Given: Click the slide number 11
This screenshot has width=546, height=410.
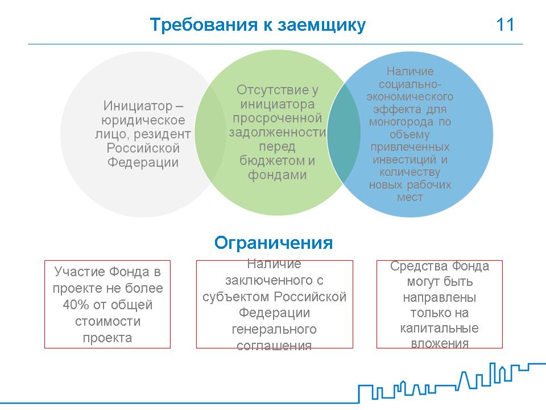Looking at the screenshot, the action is (x=505, y=24).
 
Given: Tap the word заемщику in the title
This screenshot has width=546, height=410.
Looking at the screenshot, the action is (x=321, y=26).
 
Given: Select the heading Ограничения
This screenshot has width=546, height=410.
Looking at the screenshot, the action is (x=274, y=243).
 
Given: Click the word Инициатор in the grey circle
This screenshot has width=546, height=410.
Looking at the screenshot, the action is (x=138, y=106).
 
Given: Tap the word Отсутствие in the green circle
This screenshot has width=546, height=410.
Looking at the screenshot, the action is (x=272, y=90).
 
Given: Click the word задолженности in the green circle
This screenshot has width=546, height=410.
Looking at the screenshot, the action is (x=277, y=133).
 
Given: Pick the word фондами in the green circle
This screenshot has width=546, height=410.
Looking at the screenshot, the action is (x=277, y=175).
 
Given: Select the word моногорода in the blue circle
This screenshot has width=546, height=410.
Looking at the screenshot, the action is (x=401, y=122).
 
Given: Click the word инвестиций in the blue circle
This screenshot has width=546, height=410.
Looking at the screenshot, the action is (x=404, y=159).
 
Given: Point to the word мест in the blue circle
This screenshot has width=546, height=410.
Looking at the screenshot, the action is (x=410, y=198).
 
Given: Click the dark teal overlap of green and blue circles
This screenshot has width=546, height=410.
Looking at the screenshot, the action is (x=344, y=134).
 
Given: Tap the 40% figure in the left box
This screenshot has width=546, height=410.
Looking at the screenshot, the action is (x=76, y=305).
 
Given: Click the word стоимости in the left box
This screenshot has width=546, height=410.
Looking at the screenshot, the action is (x=107, y=321).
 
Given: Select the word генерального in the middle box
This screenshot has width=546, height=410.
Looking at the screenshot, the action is (x=274, y=330).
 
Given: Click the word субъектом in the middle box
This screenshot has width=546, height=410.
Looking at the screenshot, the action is (x=235, y=297).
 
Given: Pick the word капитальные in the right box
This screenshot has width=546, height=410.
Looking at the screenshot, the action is (x=439, y=328).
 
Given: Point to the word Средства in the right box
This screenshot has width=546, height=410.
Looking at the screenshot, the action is (x=419, y=266).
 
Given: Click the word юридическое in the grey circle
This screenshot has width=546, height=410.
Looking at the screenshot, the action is (x=143, y=120).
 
